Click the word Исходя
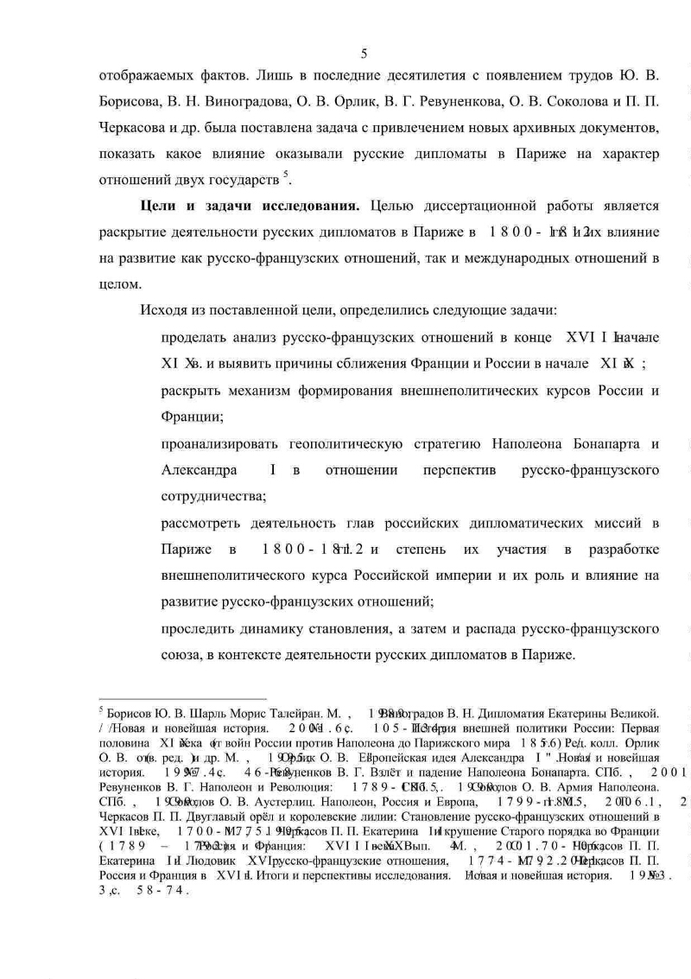coord(159,310)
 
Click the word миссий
coord(612,524)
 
